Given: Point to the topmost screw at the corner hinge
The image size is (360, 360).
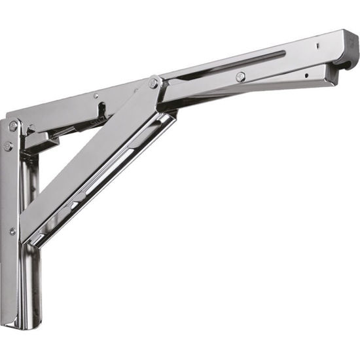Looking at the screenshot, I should pos(12,126).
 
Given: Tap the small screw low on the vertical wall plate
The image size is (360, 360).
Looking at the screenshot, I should pos(12,230).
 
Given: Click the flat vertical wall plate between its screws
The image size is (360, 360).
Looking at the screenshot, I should pos(12,190).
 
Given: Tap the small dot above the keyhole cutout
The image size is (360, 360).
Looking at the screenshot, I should pos(98,96).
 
